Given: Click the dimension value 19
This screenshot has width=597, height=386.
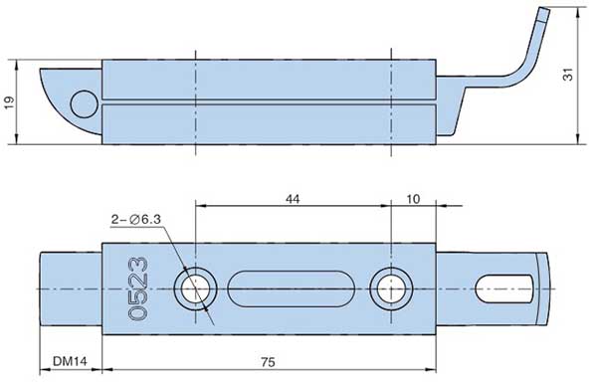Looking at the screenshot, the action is point(10,102).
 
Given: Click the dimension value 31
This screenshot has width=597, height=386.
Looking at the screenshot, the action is point(568,75).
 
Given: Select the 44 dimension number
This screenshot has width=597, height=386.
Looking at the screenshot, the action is point(293,199).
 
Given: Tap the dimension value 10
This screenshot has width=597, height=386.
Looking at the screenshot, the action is point(413,199).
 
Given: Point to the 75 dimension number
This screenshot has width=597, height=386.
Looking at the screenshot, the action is point(268,362).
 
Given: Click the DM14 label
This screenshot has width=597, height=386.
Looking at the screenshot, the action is point(70,361).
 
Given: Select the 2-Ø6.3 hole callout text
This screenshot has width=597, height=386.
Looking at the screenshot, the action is point(136,220).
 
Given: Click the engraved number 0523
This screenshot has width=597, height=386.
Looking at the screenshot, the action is point(138,289).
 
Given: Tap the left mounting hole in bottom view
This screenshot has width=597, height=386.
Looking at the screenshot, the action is point(195,289).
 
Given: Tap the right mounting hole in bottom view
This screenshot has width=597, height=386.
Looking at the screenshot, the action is point(391,289).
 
